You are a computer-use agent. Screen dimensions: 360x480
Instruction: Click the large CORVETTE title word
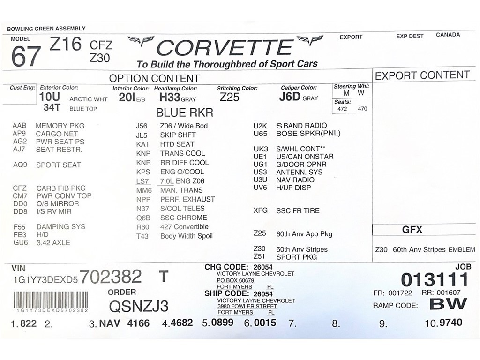(x=225, y=48)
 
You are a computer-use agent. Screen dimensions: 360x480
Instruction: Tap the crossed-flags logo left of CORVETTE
(x=141, y=41)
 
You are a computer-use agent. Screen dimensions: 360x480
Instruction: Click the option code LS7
(x=142, y=181)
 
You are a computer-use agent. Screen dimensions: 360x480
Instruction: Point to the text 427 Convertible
(x=184, y=227)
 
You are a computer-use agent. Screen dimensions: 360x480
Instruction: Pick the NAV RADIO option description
(x=295, y=180)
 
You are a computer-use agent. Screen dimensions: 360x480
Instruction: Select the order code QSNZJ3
(x=138, y=306)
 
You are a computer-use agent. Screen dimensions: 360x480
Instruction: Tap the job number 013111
(x=435, y=280)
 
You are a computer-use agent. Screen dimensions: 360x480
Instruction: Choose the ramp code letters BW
(x=448, y=304)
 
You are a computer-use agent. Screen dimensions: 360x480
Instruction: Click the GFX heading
(x=412, y=230)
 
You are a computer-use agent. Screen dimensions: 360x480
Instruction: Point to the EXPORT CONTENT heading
(x=422, y=75)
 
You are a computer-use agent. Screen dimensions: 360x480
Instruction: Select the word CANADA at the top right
(x=448, y=35)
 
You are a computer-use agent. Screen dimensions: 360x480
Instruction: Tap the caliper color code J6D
(x=289, y=97)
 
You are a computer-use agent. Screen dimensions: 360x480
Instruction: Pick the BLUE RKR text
(x=184, y=112)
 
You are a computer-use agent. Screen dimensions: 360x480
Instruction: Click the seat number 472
(x=342, y=109)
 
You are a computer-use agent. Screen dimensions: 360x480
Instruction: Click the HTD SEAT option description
(x=177, y=144)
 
